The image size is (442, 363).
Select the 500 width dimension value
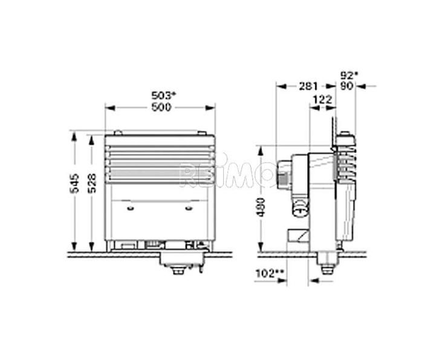coord(160,106)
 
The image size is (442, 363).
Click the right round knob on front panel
coord(188,209)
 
